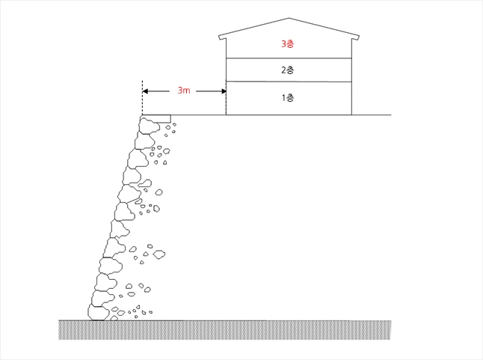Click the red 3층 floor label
[287, 44]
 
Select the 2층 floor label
[288, 70]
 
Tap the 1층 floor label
[288, 98]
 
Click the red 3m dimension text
[184, 91]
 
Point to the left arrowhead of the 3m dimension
[145, 91]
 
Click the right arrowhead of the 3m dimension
[224, 91]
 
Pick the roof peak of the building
[289, 18]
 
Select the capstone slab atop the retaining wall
[156, 119]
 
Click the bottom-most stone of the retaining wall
[98, 313]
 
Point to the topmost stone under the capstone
[150, 126]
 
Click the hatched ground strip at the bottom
[225, 330]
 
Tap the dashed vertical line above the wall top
[142, 98]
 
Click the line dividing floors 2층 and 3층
[289, 58]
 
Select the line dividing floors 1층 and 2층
[289, 82]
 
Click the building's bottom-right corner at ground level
[351, 115]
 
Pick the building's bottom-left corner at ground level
[226, 115]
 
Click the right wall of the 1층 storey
[351, 98]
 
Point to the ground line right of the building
[372, 115]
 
